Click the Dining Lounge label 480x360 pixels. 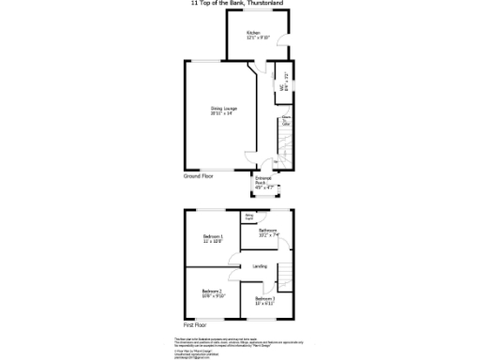(223, 111)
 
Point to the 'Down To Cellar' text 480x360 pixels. (285, 120)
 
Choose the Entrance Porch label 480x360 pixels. (264, 185)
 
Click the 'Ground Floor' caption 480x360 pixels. (199, 175)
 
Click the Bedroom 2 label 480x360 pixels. (214, 293)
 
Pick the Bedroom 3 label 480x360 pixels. (265, 302)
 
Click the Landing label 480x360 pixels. (260, 267)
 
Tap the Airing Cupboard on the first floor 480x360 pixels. (249, 217)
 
